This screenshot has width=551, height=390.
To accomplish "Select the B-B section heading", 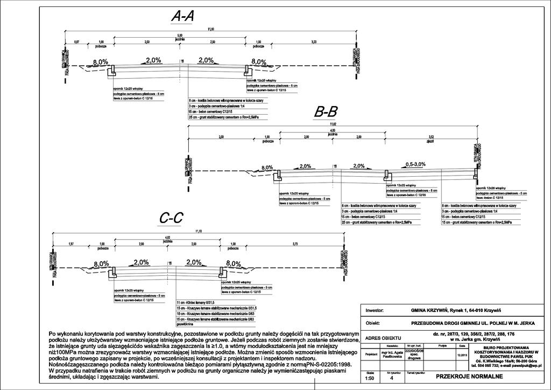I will (x=326, y=112).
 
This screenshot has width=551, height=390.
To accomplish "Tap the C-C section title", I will (x=172, y=218).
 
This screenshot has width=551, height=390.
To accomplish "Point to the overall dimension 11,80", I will (x=211, y=29).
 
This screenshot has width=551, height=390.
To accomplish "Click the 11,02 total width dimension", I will (x=333, y=125).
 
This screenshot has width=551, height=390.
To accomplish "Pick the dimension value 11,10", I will (x=199, y=231).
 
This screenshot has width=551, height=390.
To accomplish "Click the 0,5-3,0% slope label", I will (x=415, y=164).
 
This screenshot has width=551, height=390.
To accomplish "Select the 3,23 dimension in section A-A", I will (x=314, y=41).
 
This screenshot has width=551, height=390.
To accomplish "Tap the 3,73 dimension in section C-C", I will (x=295, y=244).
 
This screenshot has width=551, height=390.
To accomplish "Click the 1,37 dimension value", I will (x=70, y=244).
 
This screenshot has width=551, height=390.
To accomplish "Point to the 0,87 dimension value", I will (x=77, y=41).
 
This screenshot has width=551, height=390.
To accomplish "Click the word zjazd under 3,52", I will (x=430, y=142).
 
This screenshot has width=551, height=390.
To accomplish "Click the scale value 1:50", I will (x=370, y=378).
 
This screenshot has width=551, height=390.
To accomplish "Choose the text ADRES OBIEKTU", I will (x=383, y=338).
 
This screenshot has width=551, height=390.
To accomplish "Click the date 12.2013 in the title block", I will (x=462, y=355).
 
